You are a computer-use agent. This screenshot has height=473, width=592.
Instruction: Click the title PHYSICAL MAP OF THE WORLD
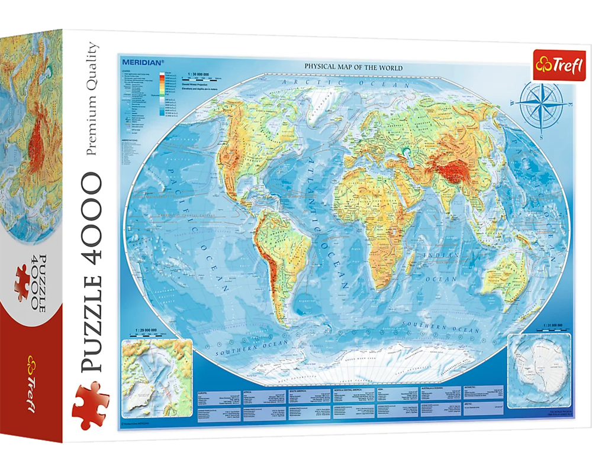(353, 68)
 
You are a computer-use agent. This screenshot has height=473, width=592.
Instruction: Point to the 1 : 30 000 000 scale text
(198, 70)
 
